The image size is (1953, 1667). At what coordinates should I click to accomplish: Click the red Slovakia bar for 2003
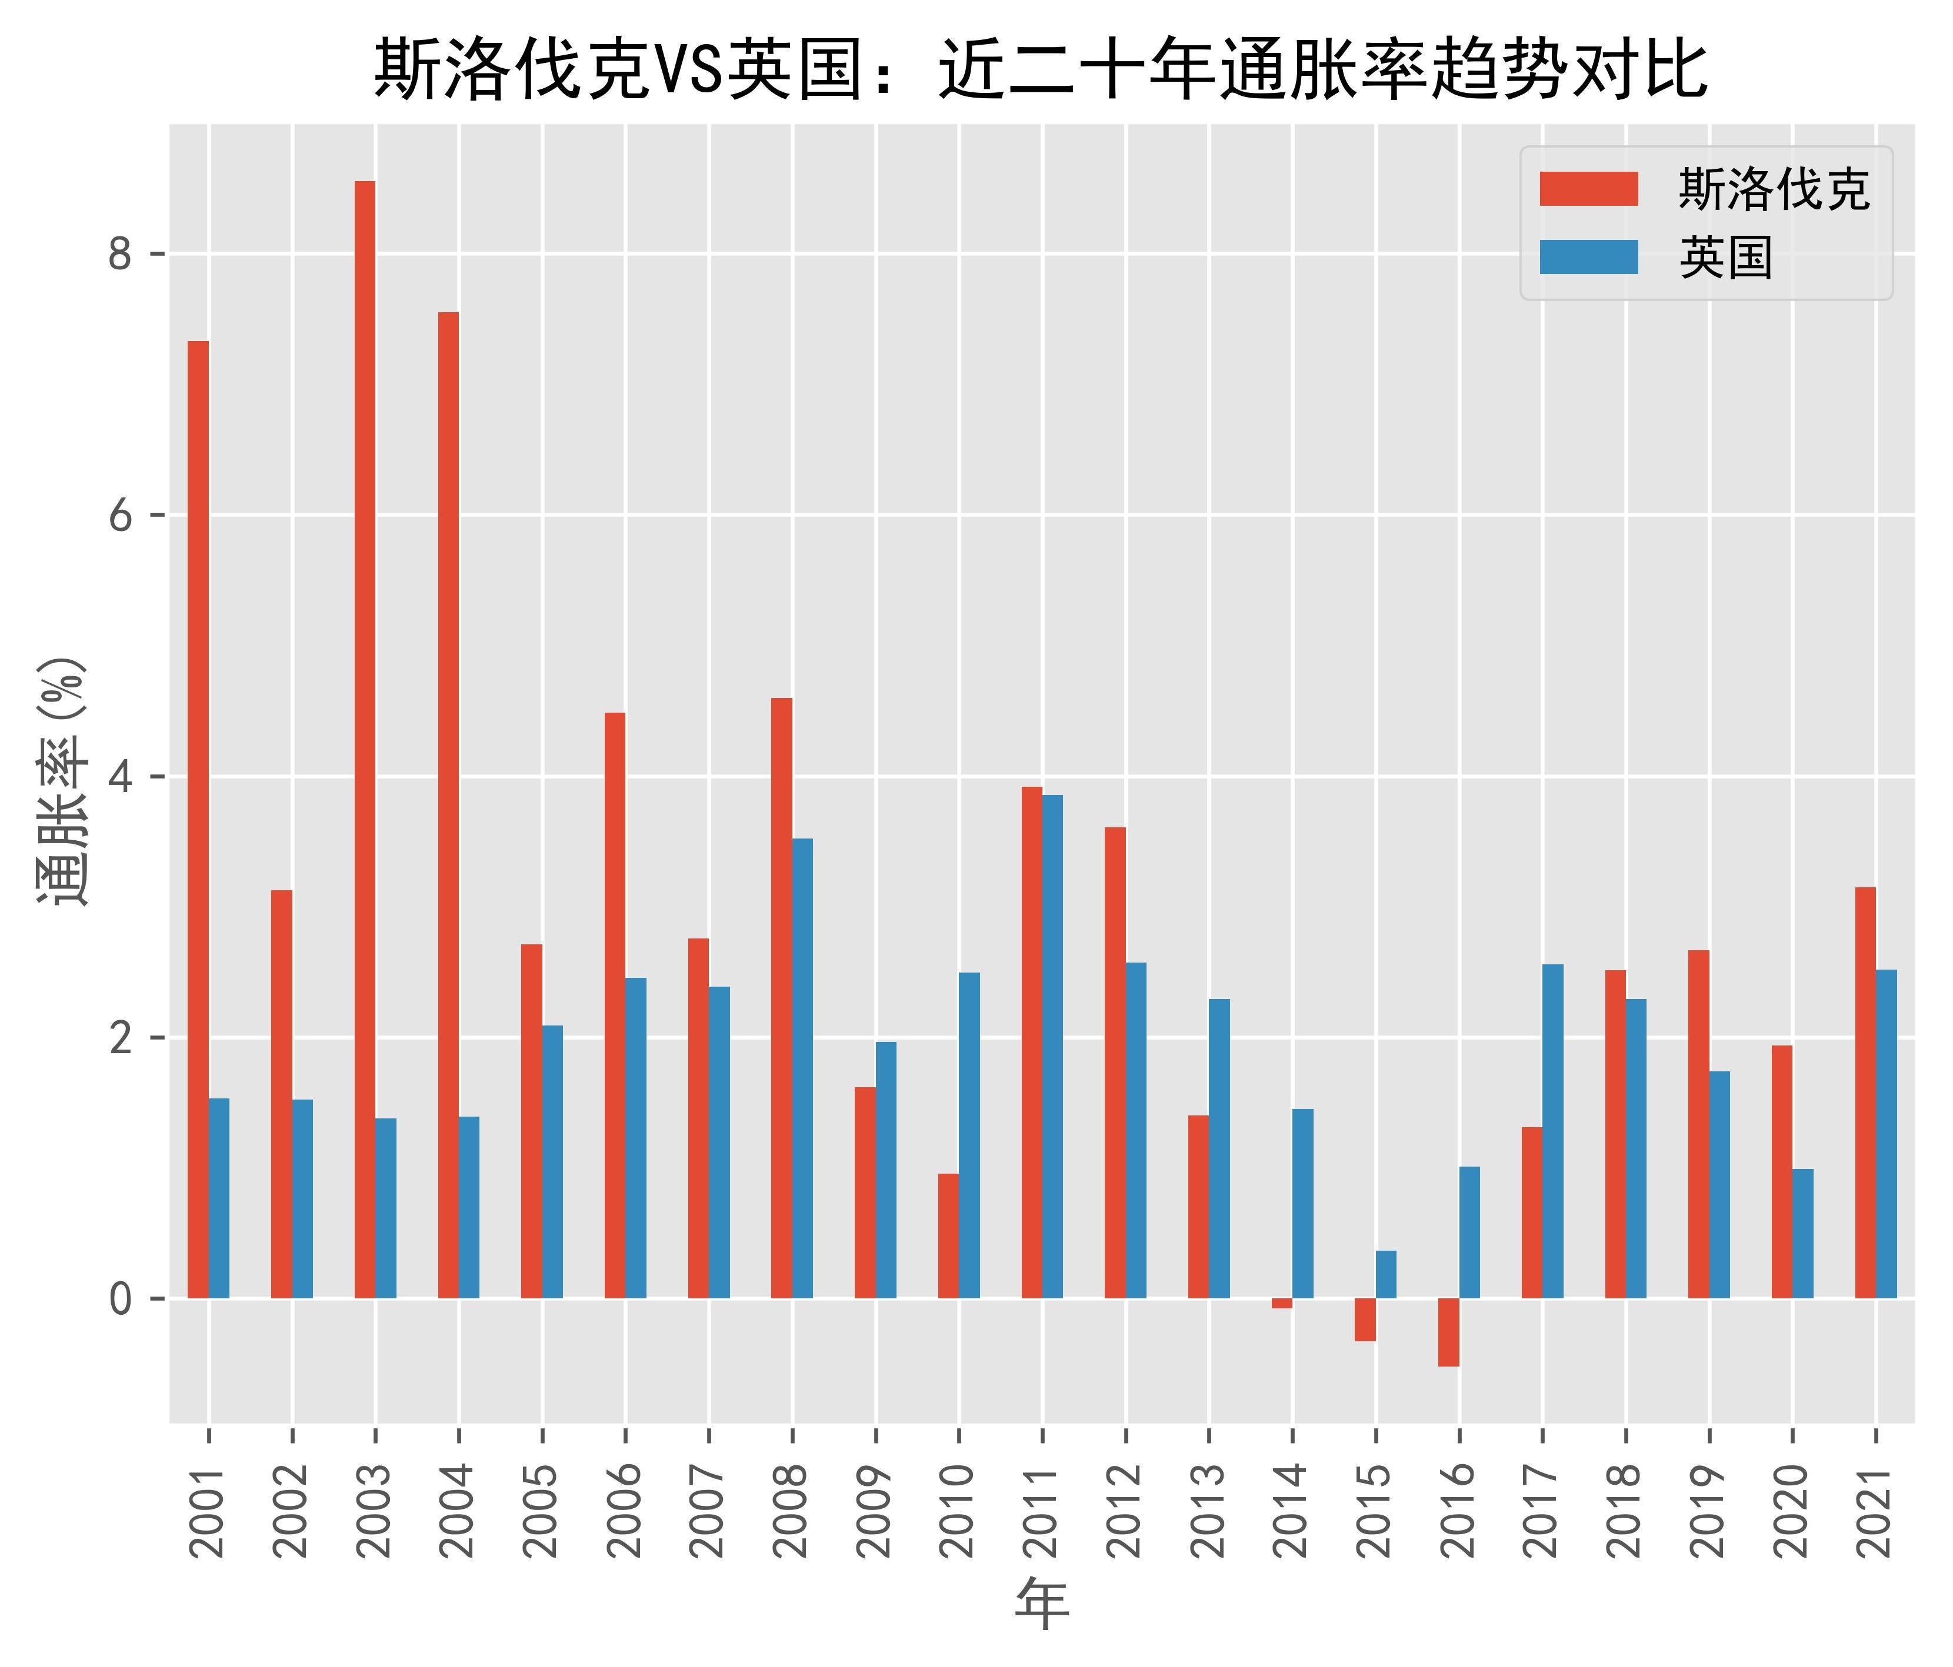click(365, 740)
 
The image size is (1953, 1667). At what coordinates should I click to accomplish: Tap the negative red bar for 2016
click(1449, 1331)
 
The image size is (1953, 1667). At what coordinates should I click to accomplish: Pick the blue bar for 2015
click(1385, 1274)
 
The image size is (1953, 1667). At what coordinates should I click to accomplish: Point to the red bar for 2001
click(198, 820)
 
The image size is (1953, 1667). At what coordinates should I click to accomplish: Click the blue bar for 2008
click(802, 1068)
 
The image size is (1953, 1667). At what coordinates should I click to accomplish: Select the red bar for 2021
click(1865, 1093)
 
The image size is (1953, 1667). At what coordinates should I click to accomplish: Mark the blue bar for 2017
click(1552, 1131)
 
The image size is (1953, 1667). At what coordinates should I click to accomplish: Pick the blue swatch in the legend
click(1588, 258)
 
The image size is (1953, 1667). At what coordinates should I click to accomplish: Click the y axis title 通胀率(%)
click(63, 780)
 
